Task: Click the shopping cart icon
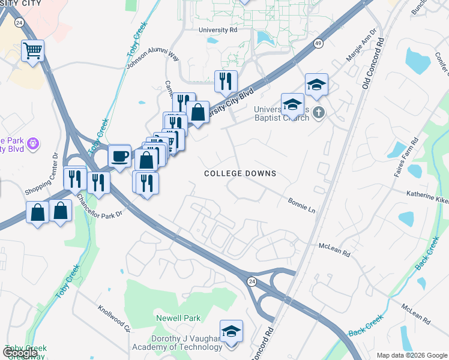[33, 50]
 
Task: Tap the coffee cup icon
[119, 156]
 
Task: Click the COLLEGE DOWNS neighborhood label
[240, 173]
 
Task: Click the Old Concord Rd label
[373, 67]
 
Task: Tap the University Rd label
[218, 29]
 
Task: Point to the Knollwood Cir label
[115, 317]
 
